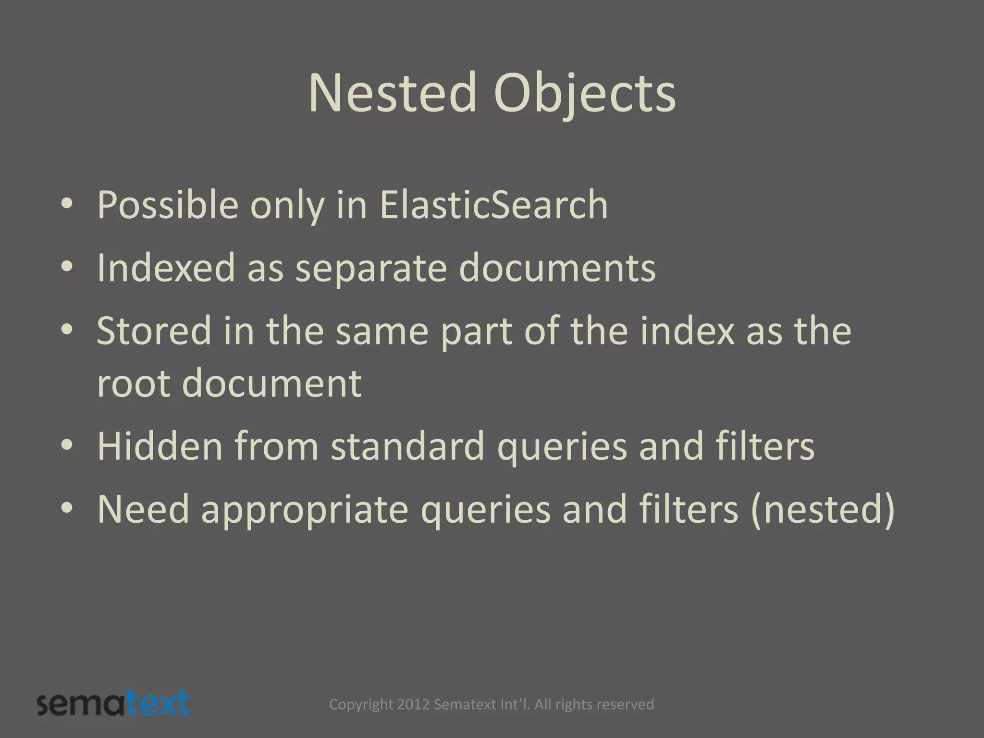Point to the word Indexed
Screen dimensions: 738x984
(x=166, y=268)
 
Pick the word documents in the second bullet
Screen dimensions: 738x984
(x=557, y=268)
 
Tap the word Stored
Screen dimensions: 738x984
(x=154, y=331)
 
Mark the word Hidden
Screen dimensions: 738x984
(x=160, y=446)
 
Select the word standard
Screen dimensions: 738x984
(x=407, y=446)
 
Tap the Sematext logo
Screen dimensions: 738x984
(x=114, y=704)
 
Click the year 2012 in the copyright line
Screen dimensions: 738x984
(x=413, y=704)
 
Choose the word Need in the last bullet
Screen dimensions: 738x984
(x=143, y=509)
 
